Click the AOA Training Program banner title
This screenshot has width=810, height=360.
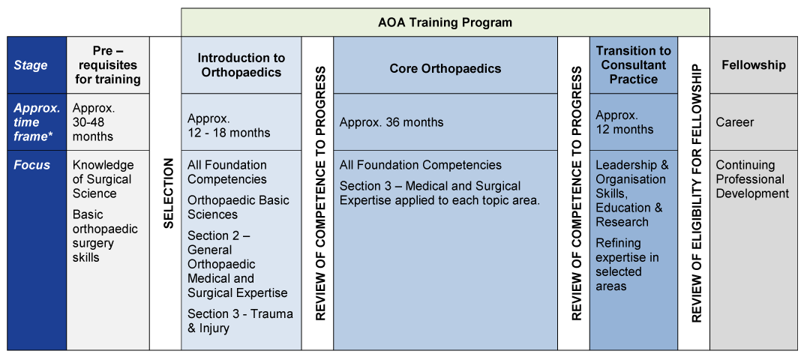[445, 22]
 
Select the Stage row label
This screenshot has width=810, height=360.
[31, 65]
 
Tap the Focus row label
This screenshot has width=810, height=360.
[31, 165]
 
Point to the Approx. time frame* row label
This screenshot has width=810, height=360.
[37, 122]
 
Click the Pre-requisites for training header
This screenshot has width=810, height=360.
[107, 65]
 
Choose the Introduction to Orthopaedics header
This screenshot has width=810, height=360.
[241, 65]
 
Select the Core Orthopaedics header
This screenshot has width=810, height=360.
[445, 69]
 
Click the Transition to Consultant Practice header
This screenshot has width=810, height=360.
[633, 65]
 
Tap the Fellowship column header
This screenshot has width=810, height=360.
[753, 65]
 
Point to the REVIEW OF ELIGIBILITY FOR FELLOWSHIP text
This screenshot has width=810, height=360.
[695, 193]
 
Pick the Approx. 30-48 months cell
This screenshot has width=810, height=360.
[93, 122]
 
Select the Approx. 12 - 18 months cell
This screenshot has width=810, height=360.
[229, 126]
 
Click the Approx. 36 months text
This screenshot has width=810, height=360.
[391, 122]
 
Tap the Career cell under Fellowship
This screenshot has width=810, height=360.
[734, 122]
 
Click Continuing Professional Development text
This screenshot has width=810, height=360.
[752, 179]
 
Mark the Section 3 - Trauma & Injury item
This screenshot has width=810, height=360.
[240, 321]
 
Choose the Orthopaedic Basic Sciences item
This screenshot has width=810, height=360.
[238, 208]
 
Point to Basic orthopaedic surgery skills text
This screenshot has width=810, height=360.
[105, 236]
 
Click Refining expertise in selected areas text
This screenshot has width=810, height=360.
[627, 265]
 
